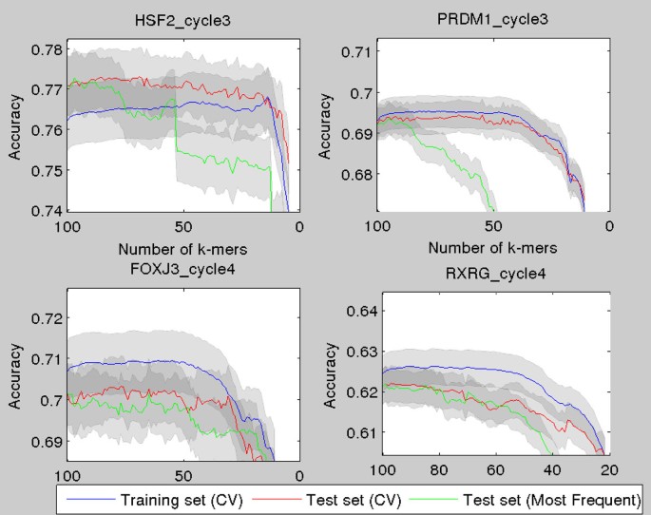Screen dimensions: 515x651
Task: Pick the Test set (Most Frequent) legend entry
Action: (550, 499)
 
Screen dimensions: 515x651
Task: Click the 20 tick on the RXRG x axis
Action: (608, 470)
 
